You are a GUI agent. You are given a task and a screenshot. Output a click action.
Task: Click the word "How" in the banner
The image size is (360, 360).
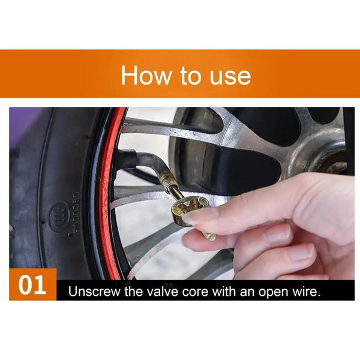point(146,75)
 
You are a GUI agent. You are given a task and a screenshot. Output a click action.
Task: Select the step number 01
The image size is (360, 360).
point(32,285)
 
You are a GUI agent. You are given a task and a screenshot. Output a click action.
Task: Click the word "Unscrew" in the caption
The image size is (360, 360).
point(94,292)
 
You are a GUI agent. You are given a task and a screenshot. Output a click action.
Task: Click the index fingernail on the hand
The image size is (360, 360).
point(200,217)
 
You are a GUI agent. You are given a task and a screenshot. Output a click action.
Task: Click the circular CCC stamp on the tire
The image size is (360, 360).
point(59,216)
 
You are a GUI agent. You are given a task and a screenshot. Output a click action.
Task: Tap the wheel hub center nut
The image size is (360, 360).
point(334,166)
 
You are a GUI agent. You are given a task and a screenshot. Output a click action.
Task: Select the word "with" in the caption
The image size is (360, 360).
point(224,292)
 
